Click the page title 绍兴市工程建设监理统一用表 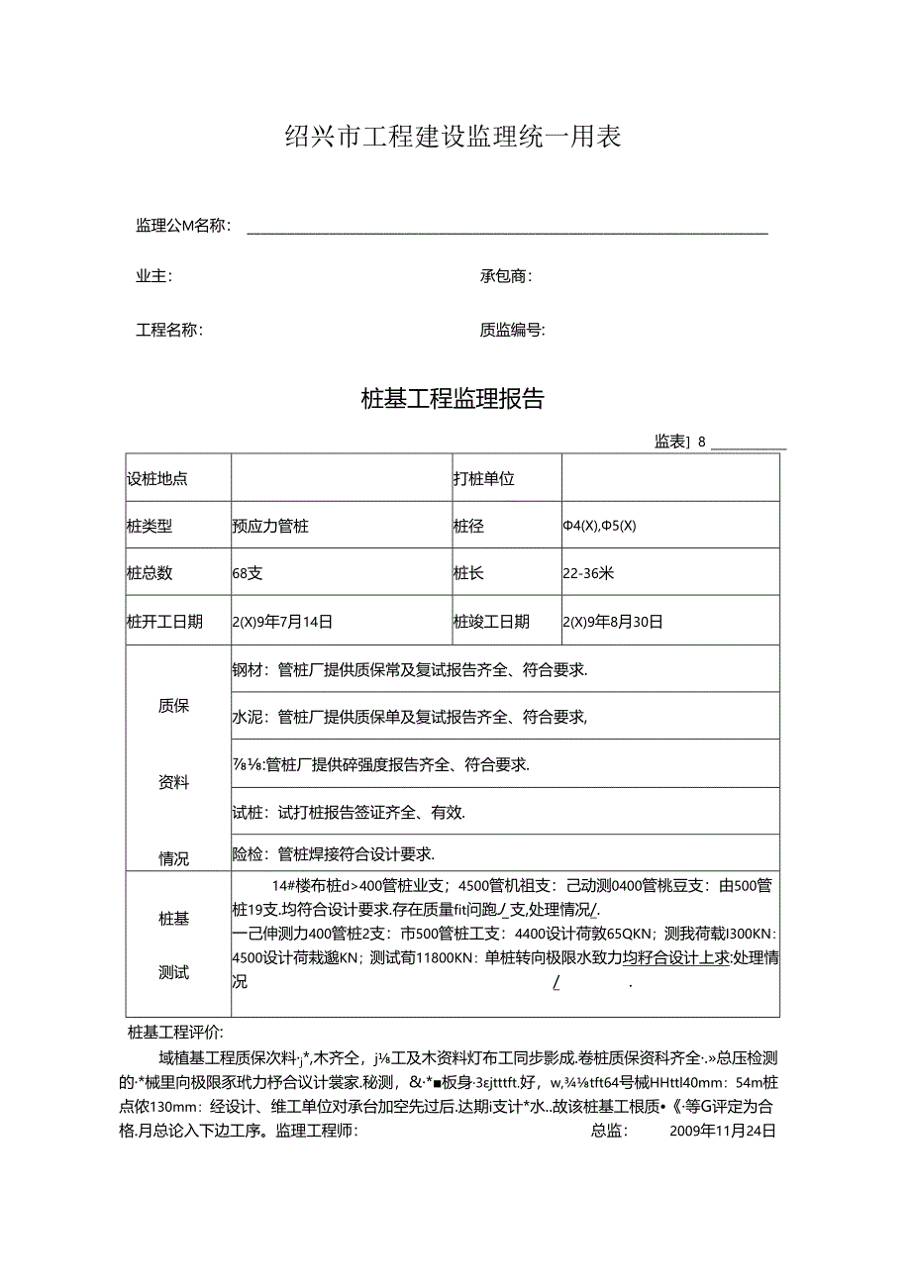(x=454, y=138)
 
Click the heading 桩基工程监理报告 (x=453, y=399)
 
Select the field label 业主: (x=153, y=277)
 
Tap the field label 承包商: (x=505, y=277)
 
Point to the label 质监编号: (x=512, y=331)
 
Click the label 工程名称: (x=169, y=331)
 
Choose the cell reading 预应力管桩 (x=270, y=527)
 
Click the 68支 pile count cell (x=248, y=573)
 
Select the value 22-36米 (x=588, y=573)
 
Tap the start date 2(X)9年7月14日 (x=282, y=622)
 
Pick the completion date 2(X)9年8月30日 (x=612, y=622)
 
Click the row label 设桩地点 (x=157, y=479)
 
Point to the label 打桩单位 (x=484, y=479)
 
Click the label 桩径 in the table (x=468, y=527)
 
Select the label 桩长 (x=468, y=573)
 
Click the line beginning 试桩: (x=349, y=813)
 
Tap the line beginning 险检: (x=334, y=853)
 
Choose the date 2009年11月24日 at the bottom (x=723, y=1130)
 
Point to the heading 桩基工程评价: (x=176, y=1032)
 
